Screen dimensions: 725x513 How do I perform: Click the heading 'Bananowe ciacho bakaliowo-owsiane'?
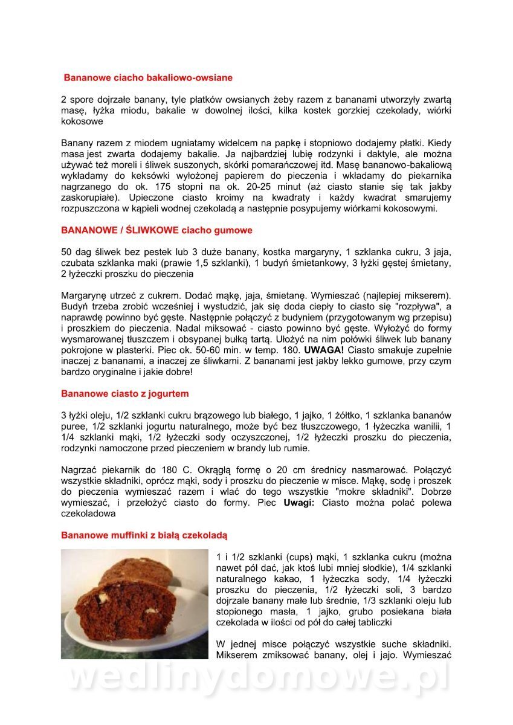pyautogui.click(x=148, y=78)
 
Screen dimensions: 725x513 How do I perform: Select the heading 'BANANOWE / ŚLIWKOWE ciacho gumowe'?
pyautogui.click(x=156, y=230)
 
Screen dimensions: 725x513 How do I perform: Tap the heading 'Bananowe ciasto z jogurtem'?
pyautogui.click(x=124, y=394)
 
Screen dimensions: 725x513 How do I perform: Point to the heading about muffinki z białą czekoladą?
pyautogui.click(x=144, y=535)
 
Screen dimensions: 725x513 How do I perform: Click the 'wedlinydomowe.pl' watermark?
pyautogui.click(x=257, y=680)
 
